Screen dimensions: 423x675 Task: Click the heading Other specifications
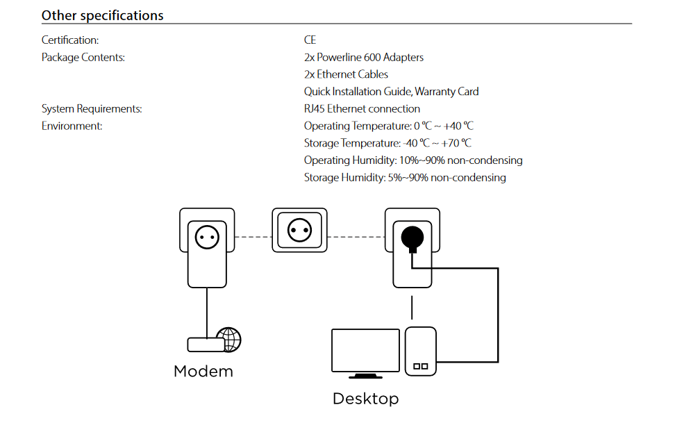[x=102, y=15]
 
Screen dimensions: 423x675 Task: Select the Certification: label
[x=70, y=40]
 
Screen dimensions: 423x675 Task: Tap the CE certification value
[x=310, y=40]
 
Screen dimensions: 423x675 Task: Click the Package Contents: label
[x=83, y=58]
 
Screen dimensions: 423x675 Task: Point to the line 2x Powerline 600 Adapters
[x=363, y=58]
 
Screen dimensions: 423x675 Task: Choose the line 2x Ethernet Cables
[x=346, y=74]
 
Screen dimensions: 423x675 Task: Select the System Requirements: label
[x=92, y=109]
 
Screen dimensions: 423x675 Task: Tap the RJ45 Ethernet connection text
[x=362, y=109]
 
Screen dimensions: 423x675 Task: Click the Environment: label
[x=72, y=126]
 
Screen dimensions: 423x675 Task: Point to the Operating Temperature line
[x=388, y=126]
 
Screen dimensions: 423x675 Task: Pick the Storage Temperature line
[x=387, y=143]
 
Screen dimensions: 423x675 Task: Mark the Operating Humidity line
[x=412, y=160]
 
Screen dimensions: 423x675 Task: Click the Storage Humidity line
[x=404, y=178]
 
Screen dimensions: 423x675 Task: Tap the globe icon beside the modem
[x=228, y=340]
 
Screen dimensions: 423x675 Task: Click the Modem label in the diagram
[x=203, y=371]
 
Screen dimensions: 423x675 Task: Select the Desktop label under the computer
[x=365, y=399]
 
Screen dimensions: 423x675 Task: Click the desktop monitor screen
[x=365, y=351]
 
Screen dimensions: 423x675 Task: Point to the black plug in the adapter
[x=411, y=238]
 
